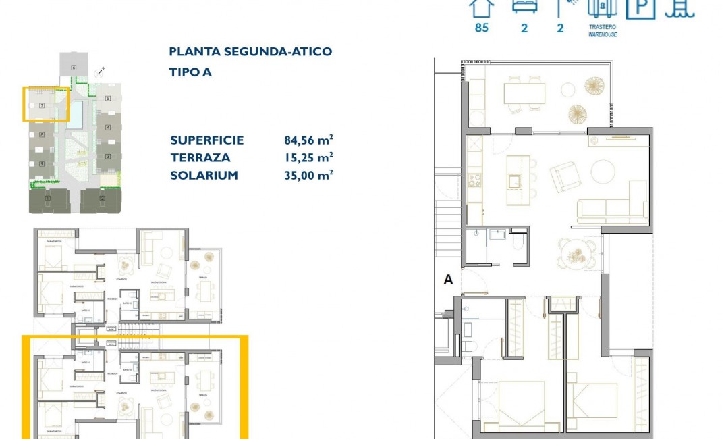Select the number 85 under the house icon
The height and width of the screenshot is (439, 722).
481,28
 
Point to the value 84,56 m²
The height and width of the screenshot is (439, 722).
308,140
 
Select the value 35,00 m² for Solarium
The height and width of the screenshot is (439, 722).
308,175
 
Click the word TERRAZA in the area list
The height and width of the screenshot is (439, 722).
200,158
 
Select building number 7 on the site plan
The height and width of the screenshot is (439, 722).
42,105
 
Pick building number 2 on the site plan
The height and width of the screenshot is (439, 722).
102,198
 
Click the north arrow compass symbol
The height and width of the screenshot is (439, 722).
101,70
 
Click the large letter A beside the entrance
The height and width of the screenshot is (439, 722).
448,280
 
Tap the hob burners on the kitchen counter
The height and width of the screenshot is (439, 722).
474,180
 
